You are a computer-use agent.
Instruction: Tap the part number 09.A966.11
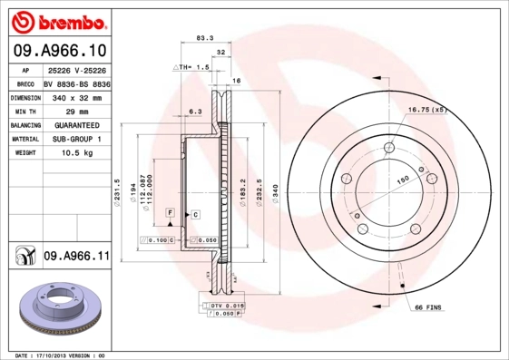coord(76,258)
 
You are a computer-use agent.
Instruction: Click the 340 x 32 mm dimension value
coord(76,95)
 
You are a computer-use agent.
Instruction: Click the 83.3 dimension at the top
coord(205,38)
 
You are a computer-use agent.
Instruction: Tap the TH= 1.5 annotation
coord(192,67)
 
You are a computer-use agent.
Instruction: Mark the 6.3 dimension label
coord(194,112)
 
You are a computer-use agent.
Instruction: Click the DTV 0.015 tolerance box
coord(229,307)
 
